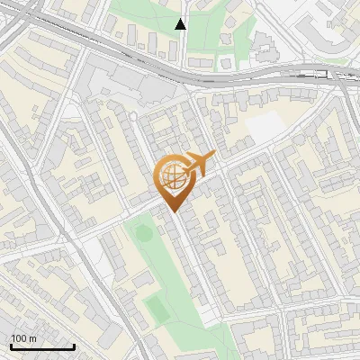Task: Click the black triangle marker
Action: pos(181,24)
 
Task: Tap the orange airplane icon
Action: pos(198,165)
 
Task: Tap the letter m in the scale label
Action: pos(32,338)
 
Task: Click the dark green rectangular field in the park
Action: pos(157,309)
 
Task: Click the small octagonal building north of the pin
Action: pos(133,116)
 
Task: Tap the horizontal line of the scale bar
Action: pos(42,346)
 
